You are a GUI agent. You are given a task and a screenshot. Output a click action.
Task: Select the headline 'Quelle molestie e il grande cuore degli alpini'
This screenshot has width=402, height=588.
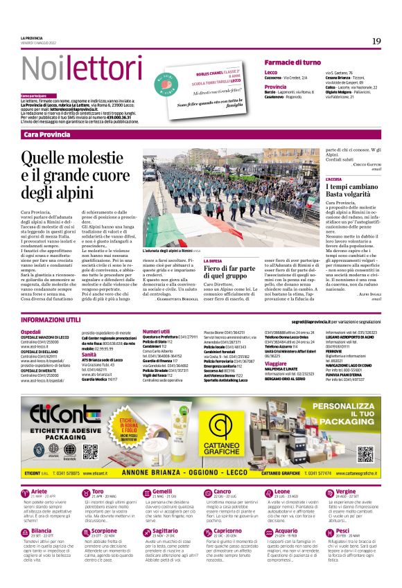coord(75,176)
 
